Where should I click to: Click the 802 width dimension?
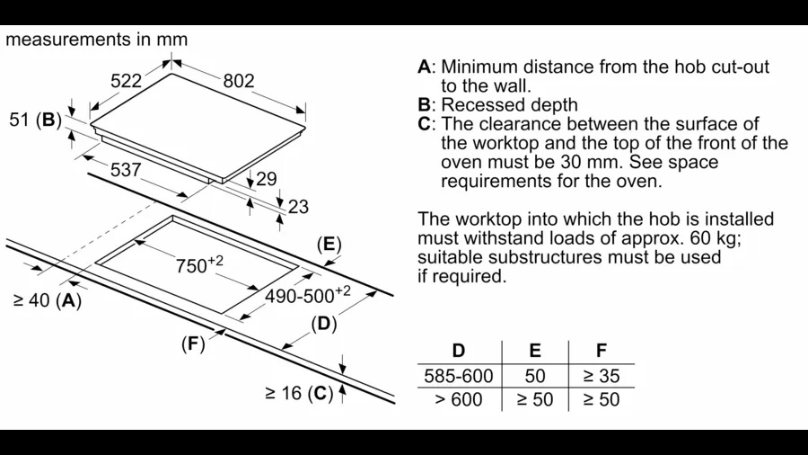pos(239,81)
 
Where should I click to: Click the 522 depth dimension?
pos(127,81)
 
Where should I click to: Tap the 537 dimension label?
pos(126,169)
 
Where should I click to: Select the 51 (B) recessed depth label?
pos(34,120)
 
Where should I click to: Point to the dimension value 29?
pos(267,179)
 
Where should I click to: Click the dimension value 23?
pos(297,207)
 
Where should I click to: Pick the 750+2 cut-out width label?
pos(199,265)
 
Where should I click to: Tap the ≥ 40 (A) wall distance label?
pos(47,301)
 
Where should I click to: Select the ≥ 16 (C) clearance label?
pos(298,393)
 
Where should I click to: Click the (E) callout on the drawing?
pos(329,245)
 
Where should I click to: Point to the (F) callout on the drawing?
pos(193,343)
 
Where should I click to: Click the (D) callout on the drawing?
pos(323,324)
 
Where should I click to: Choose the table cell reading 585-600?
pos(458,377)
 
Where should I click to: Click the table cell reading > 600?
pos(458,400)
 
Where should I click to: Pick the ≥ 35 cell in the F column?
pos(601,377)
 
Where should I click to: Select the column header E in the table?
pos(535,351)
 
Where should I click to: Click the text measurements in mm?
pos(97,40)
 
